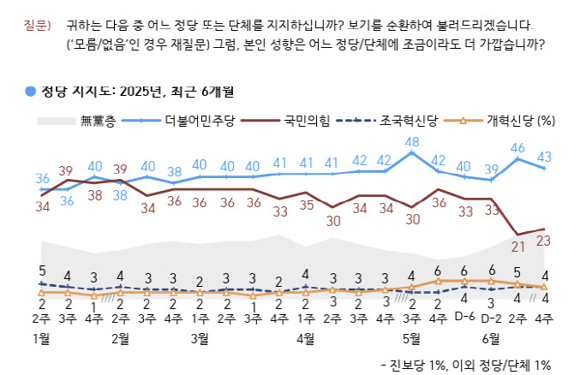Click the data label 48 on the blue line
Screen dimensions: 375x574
coord(411,142)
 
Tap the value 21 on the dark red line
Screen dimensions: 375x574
coord(518,247)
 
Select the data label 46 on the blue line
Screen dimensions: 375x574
coord(518,148)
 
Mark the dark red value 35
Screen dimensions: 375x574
coord(306,205)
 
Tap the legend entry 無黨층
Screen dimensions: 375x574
coord(97,121)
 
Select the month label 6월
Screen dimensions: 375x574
coord(492,338)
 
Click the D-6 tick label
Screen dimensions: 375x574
coord(464,318)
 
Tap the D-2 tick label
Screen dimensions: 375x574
coord(491,318)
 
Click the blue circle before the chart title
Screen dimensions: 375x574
coord(30,90)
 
